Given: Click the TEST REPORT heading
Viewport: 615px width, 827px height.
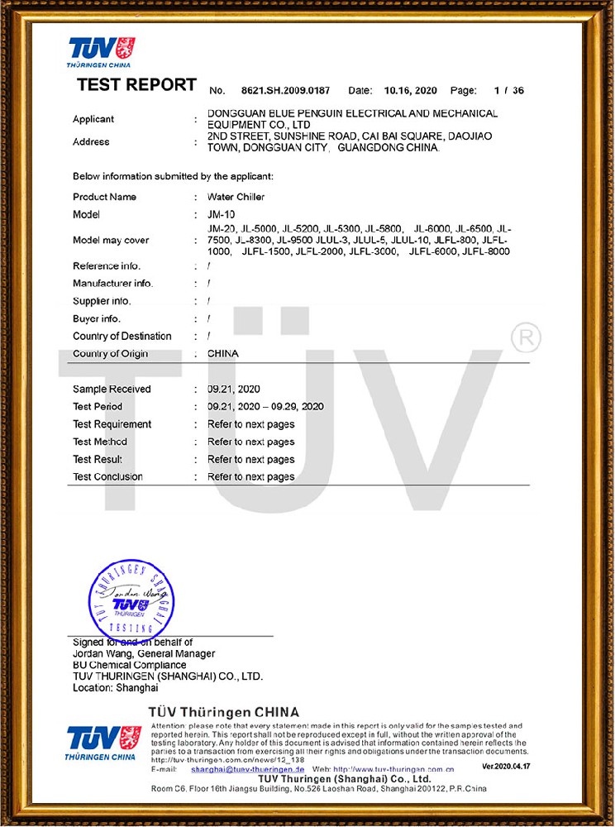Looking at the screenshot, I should pyautogui.click(x=136, y=85).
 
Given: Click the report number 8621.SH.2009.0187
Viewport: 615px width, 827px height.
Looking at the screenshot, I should pyautogui.click(x=285, y=90).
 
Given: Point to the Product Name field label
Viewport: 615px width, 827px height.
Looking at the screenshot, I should pyautogui.click(x=105, y=197).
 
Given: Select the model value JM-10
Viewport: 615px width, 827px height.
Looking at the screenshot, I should pyautogui.click(x=219, y=214).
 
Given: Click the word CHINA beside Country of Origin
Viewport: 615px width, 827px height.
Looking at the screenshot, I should pyautogui.click(x=223, y=353).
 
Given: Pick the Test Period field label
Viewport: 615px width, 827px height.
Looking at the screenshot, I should pyautogui.click(x=98, y=406).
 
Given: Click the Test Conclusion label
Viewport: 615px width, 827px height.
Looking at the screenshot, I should pyautogui.click(x=107, y=476).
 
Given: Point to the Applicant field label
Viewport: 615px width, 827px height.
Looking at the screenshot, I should pyautogui.click(x=93, y=119).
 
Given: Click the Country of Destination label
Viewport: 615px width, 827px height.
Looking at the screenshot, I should pyautogui.click(x=122, y=336).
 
